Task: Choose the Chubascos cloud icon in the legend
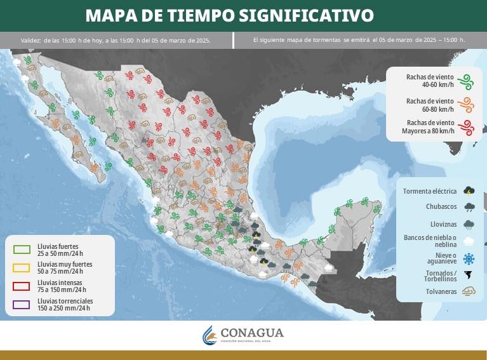point(469,206)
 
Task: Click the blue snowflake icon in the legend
point(469,258)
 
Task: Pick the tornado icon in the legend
point(469,276)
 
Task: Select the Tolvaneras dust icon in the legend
point(469,291)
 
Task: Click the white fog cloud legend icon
point(469,241)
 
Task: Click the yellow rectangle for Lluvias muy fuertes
point(22,267)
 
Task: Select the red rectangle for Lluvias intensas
point(22,286)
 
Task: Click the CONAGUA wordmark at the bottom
point(252,333)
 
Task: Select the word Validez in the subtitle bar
point(30,40)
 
